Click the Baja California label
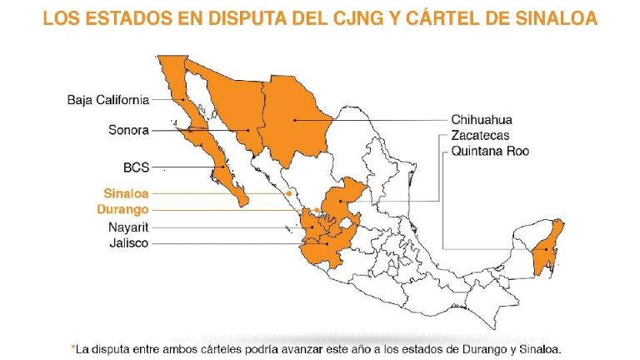(108, 100)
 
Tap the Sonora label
(128, 130)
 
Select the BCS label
(136, 167)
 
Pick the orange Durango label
(122, 209)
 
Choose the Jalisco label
(129, 243)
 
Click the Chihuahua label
(484, 119)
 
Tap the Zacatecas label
(480, 135)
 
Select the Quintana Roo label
(490, 151)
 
